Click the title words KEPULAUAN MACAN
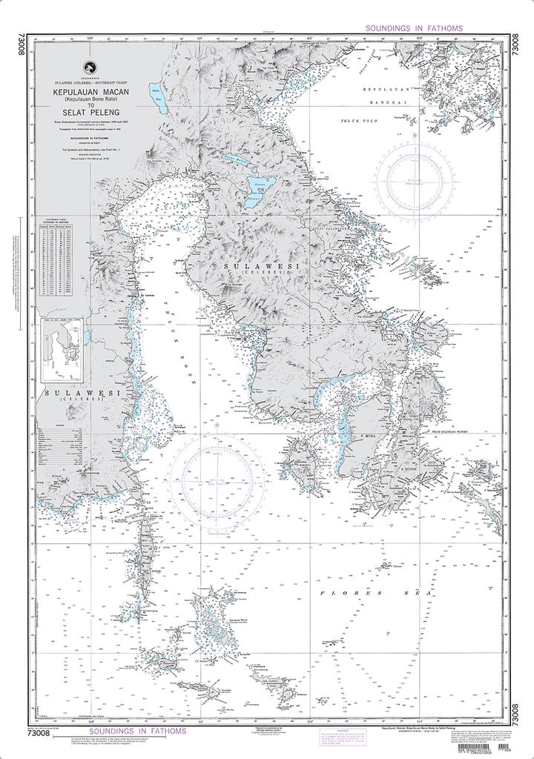coord(91,90)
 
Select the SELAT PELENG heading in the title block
coord(90,112)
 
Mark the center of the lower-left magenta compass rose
coord(217,478)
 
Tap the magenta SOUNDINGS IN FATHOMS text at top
coord(414,28)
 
